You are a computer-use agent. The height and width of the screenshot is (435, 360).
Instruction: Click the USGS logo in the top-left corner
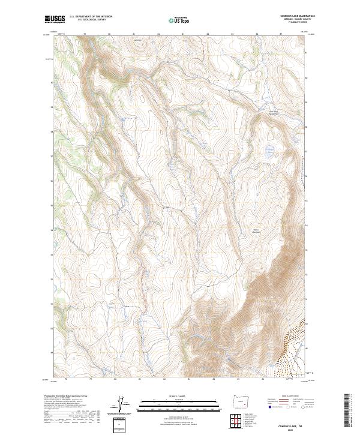click(x=55, y=20)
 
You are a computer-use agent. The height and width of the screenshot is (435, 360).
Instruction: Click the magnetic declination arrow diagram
click(x=123, y=405)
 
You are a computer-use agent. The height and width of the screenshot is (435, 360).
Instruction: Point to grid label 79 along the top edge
click(x=85, y=34)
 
